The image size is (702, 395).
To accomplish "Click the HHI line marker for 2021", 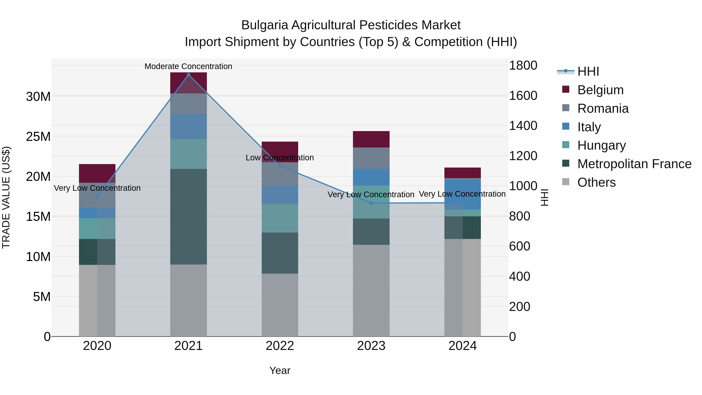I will pyautogui.click(x=188, y=75).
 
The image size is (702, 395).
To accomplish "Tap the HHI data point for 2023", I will pyautogui.click(x=371, y=203).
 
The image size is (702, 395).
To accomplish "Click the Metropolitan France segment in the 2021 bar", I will pyautogui.click(x=188, y=217).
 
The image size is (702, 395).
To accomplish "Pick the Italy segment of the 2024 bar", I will pyautogui.click(x=463, y=194).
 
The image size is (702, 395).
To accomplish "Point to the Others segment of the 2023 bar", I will pyautogui.click(x=371, y=290).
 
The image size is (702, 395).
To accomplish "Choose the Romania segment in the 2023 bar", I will pyautogui.click(x=371, y=158).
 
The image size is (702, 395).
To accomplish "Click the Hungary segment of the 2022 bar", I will pyautogui.click(x=280, y=218).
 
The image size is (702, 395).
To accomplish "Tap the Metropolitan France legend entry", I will pyautogui.click(x=634, y=164).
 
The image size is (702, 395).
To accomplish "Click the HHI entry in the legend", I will pyautogui.click(x=588, y=71).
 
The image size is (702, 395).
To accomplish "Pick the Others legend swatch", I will pyautogui.click(x=565, y=182).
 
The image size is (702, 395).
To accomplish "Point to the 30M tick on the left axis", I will pyautogui.click(x=38, y=97).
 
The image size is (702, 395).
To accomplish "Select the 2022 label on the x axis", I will pyautogui.click(x=280, y=346).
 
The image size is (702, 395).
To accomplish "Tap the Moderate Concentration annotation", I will pyautogui.click(x=188, y=66).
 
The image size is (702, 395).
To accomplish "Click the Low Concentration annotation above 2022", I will pyautogui.click(x=280, y=158).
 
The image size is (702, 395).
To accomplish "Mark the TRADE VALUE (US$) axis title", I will pyautogui.click(x=6, y=197).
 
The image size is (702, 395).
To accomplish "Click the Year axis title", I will pyautogui.click(x=280, y=370).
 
